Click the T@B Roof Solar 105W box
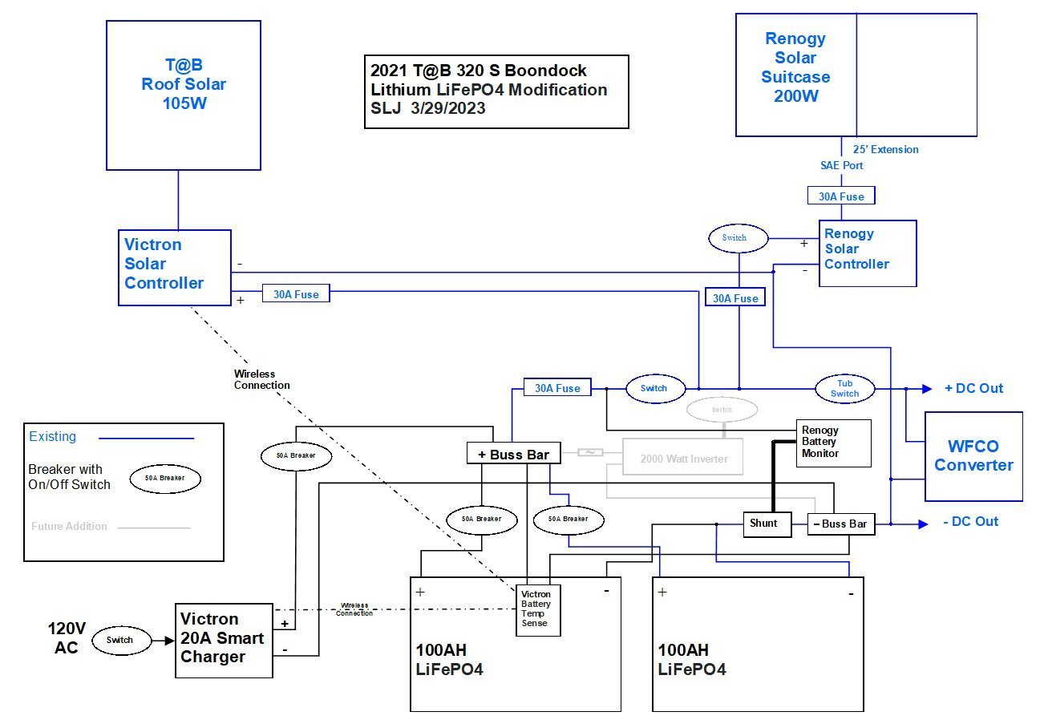pos(184,95)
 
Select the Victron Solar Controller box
pos(175,267)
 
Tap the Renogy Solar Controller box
pos(868,253)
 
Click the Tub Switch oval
pos(844,389)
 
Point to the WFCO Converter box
pos(973,456)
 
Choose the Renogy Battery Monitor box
pos(832,443)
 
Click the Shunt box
pos(766,524)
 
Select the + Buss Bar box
pos(513,455)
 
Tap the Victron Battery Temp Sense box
pos(537,610)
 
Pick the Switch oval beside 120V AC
pos(119,640)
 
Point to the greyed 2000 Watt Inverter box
pos(682,459)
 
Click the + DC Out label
pos(973,388)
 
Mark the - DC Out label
pos(970,522)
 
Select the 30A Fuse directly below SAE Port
pos(840,196)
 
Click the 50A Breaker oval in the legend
pos(165,478)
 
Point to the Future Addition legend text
pos(69,527)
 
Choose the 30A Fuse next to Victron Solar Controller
pos(296,294)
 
